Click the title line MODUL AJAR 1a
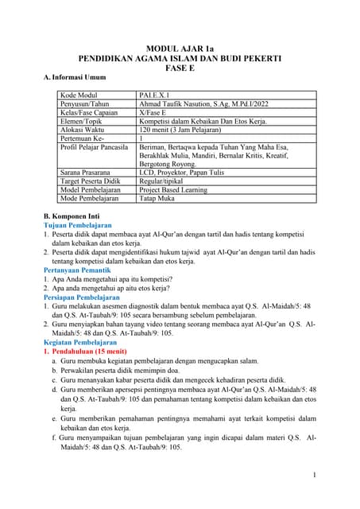coord(180,49)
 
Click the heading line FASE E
coord(180,68)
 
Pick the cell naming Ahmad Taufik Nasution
coord(204,105)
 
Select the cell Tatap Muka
coord(158,199)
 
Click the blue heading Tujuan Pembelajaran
coord(83,225)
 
